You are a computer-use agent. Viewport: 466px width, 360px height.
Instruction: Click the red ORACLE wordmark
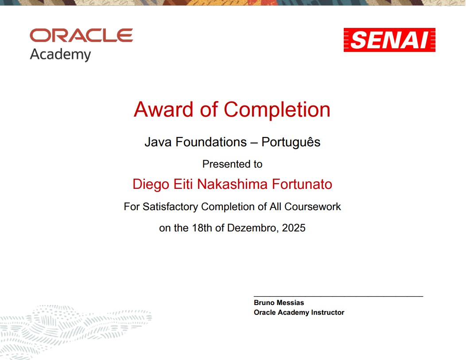[81, 35]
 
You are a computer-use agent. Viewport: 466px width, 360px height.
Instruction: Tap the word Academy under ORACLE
[60, 55]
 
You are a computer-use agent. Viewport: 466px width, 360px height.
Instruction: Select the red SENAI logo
[389, 40]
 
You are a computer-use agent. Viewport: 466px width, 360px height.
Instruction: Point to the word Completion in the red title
[277, 110]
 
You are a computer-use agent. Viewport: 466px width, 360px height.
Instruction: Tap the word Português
[291, 142]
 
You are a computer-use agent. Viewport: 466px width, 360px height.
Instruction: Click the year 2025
[294, 228]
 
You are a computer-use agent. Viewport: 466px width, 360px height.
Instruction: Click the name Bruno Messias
[279, 303]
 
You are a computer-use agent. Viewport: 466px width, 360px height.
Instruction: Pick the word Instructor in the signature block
[327, 313]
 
